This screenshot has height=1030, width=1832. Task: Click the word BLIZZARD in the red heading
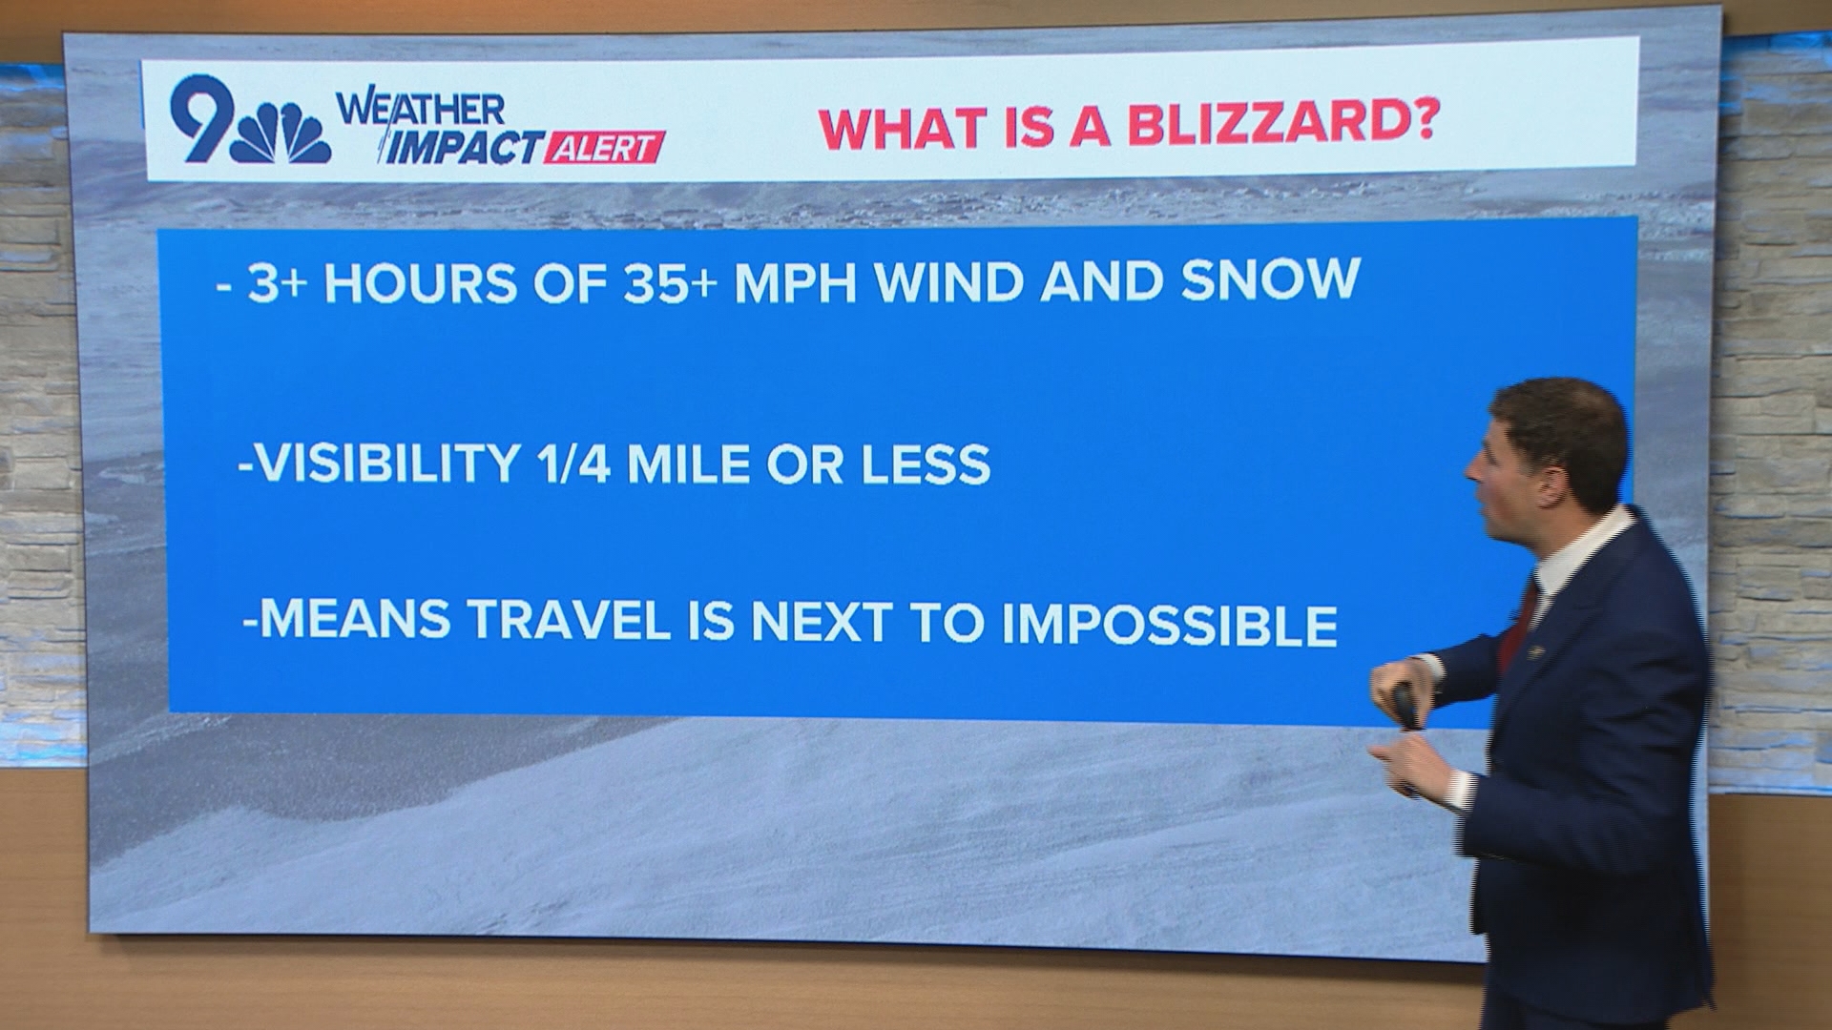click(1264, 126)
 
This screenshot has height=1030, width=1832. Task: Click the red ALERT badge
click(604, 149)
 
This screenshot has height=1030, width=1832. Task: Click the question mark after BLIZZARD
click(1425, 124)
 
